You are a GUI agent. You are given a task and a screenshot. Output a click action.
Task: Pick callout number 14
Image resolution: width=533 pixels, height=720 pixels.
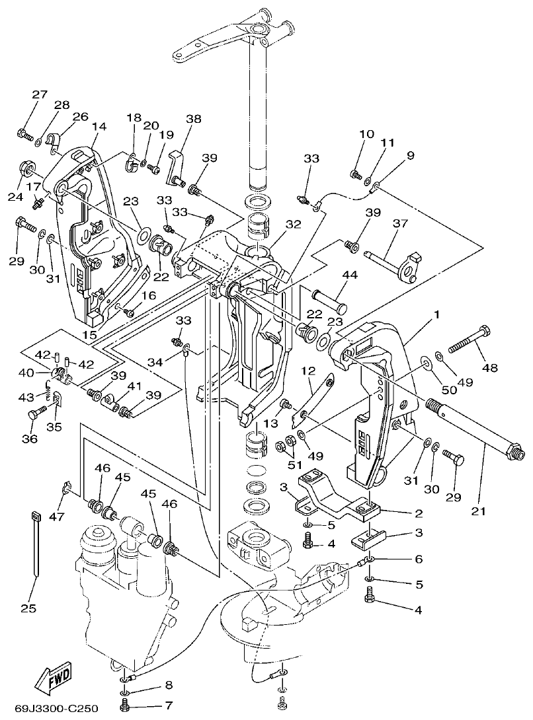[x=99, y=127]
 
